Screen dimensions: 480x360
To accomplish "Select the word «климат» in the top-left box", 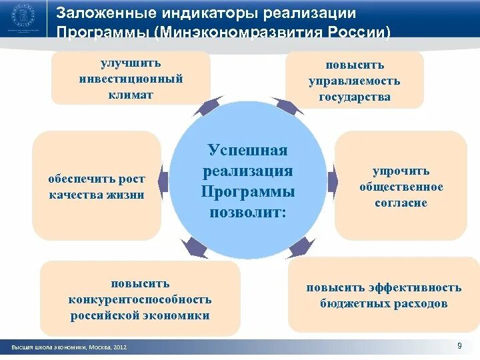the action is [x=130, y=95].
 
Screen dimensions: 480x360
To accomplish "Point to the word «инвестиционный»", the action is [x=130, y=79].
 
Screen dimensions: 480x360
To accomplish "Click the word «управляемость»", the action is [x=354, y=81].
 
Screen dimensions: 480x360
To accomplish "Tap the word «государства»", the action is [x=354, y=97].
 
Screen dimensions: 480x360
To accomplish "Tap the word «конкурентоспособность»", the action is [x=140, y=300].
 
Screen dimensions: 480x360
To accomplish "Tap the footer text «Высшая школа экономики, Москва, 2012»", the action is [x=69, y=347].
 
